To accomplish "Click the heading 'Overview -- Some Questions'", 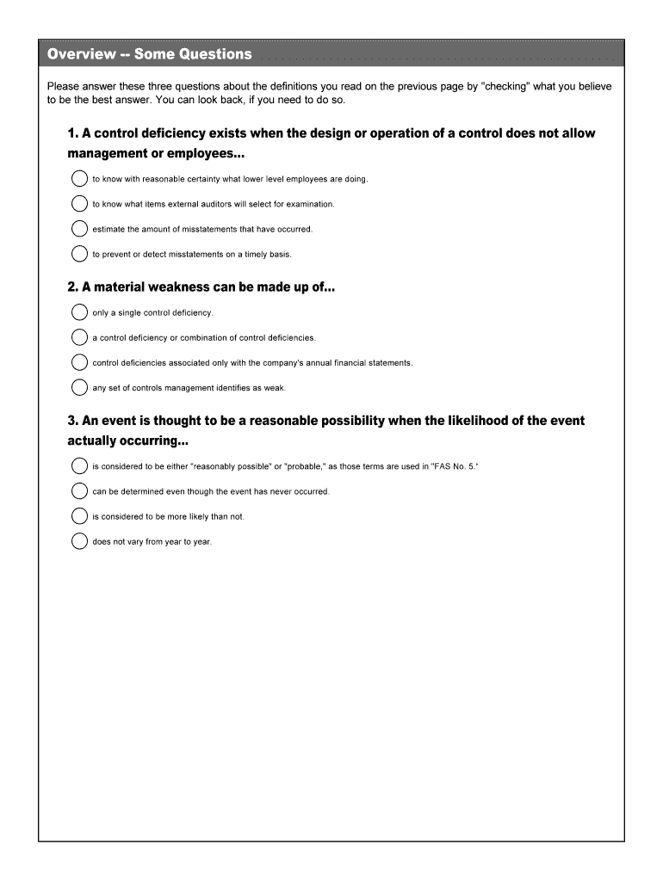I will point(150,54).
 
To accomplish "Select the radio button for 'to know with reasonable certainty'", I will point(79,179).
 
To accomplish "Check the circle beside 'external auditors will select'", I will point(79,204).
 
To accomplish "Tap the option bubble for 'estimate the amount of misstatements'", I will point(79,229).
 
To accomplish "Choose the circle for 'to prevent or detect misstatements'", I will point(79,254).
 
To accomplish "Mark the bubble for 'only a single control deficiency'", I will point(79,312).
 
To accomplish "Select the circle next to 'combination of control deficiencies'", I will point(79,337).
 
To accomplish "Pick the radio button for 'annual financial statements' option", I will point(79,362).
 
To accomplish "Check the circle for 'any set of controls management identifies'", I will point(79,387).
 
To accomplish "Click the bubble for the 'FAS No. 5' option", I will point(79,466).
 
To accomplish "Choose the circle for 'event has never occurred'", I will point(79,491).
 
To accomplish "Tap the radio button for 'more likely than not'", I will point(79,516).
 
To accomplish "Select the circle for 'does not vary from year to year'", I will point(79,541).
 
